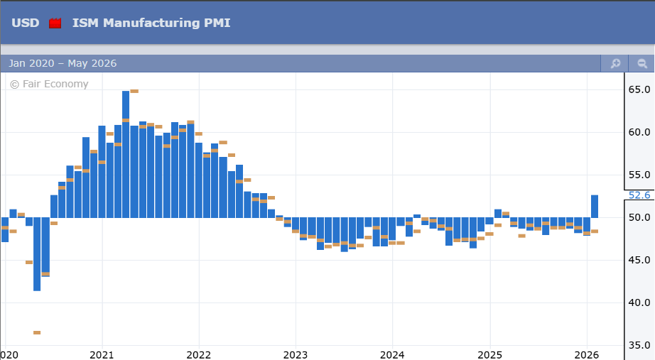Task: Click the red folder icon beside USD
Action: tap(55, 23)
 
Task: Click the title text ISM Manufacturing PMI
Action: tap(151, 23)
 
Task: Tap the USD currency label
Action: tap(26, 23)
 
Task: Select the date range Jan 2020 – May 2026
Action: tap(63, 64)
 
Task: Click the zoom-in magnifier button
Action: tap(615, 64)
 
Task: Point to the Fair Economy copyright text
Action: tap(49, 84)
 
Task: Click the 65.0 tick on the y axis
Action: tap(639, 89)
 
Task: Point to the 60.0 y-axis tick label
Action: tap(639, 132)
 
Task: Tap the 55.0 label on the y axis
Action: tap(639, 175)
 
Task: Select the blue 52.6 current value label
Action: tap(639, 195)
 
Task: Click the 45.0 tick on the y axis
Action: tap(639, 260)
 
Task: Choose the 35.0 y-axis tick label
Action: tap(639, 345)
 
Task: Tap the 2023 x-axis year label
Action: tap(296, 354)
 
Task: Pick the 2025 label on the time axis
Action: tap(489, 354)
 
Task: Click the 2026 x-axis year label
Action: tap(587, 354)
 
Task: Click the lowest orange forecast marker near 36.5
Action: tap(37, 332)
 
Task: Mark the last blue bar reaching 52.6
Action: tap(595, 206)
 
